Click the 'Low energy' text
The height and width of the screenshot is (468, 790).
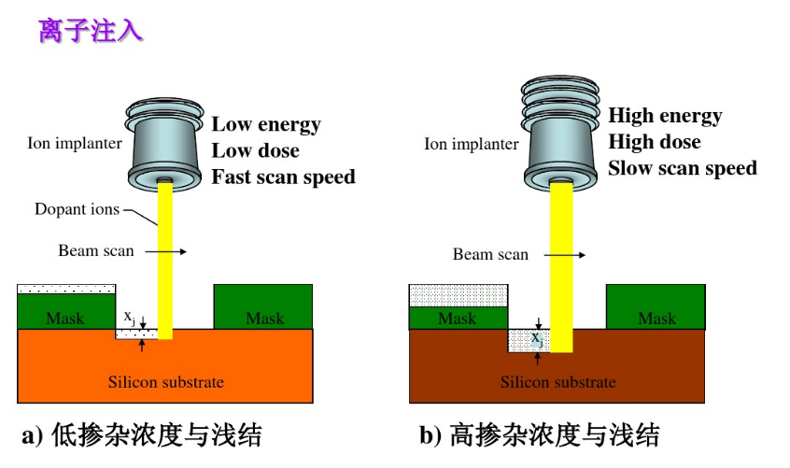click(x=265, y=124)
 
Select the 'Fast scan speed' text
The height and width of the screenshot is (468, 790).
click(x=283, y=177)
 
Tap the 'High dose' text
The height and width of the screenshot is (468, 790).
click(x=654, y=142)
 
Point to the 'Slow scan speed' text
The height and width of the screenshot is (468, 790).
click(x=682, y=168)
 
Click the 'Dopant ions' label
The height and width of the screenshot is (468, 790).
click(x=77, y=209)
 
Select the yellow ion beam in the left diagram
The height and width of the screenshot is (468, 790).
click(x=165, y=262)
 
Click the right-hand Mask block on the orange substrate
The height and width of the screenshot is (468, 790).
click(x=263, y=307)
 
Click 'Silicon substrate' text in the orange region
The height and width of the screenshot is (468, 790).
click(x=165, y=381)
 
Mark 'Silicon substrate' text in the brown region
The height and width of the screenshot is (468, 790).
click(x=557, y=381)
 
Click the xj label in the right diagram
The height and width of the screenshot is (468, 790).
click(x=537, y=338)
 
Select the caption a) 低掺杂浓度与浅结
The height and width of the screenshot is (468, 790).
click(x=141, y=435)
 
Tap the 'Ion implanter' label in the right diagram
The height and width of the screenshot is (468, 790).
click(x=471, y=144)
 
